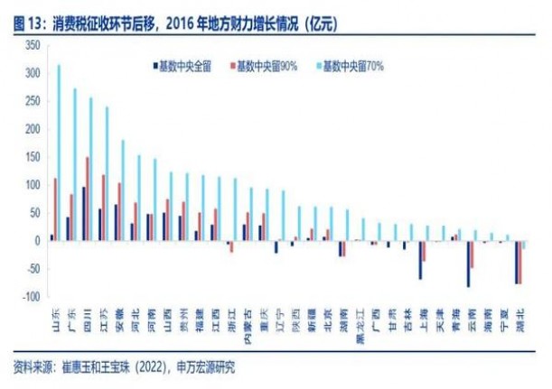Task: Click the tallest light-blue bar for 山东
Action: (x=59, y=153)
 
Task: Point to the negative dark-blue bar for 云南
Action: (x=468, y=264)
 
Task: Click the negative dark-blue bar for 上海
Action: (x=420, y=260)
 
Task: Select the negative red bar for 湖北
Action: (x=520, y=263)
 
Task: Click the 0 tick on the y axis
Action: (x=37, y=241)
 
